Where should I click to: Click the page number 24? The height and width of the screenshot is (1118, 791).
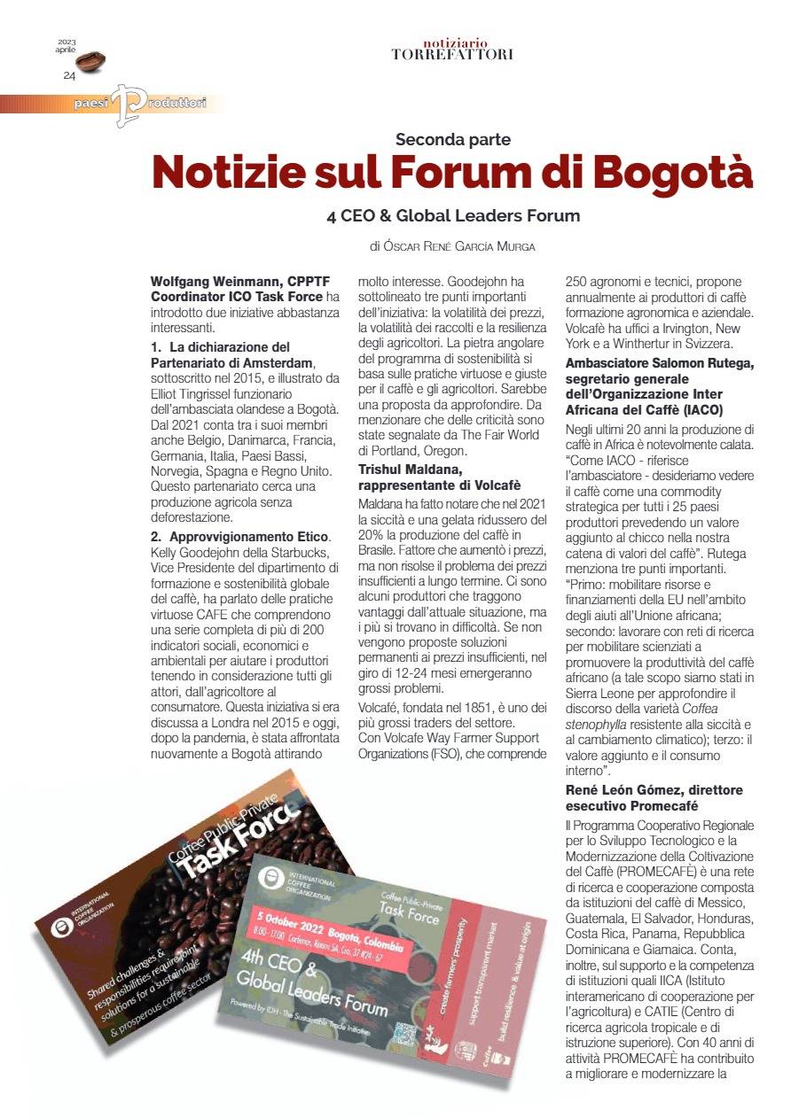click(69, 75)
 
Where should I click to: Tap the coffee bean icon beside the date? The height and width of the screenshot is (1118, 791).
click(90, 61)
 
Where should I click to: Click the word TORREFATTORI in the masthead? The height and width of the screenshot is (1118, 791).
click(451, 54)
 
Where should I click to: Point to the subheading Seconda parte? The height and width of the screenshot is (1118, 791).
click(453, 139)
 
